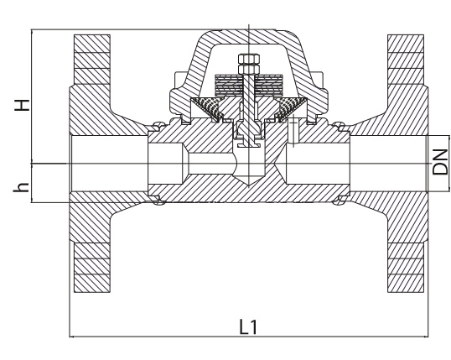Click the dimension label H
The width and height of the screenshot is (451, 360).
tap(23, 106)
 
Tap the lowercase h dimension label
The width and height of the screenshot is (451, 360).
tap(21, 187)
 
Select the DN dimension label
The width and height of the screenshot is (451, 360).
tap(440, 162)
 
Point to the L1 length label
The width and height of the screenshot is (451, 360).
tap(248, 326)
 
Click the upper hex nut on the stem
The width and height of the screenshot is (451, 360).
tap(249, 59)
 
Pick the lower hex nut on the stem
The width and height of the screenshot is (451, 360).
tap(249, 69)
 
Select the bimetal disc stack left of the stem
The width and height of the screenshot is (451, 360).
tap(229, 86)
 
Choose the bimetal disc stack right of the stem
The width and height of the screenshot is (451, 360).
tap(268, 86)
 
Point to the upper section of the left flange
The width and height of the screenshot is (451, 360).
tap(92, 60)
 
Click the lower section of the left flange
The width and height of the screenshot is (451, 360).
tap(92, 268)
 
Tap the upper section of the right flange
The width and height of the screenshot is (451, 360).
tap(406, 60)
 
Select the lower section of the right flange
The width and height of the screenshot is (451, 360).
tap(406, 268)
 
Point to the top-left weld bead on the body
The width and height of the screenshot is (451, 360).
tap(158, 125)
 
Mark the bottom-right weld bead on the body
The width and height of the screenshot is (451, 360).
tap(339, 201)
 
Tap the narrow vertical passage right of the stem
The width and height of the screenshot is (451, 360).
tap(293, 131)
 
